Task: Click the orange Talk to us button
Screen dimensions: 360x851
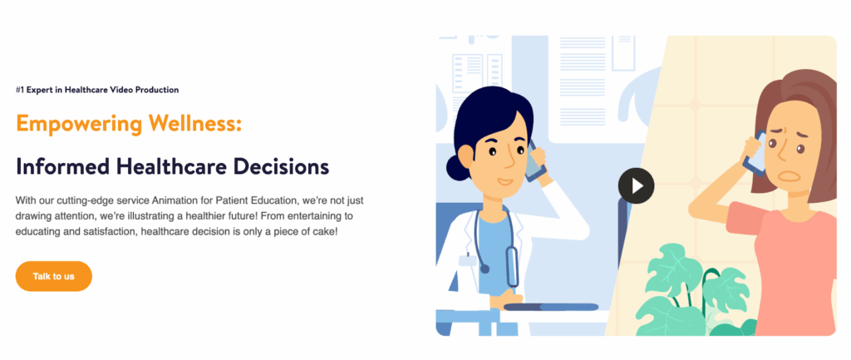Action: [53, 276]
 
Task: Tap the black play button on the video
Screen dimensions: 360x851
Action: [636, 185]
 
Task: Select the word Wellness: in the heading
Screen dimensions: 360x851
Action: [195, 125]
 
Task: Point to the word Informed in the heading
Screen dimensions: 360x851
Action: [62, 166]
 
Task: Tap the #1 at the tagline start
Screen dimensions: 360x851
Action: [20, 90]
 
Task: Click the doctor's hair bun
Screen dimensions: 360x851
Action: [456, 167]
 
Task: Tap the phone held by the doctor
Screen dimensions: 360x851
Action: [534, 160]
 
